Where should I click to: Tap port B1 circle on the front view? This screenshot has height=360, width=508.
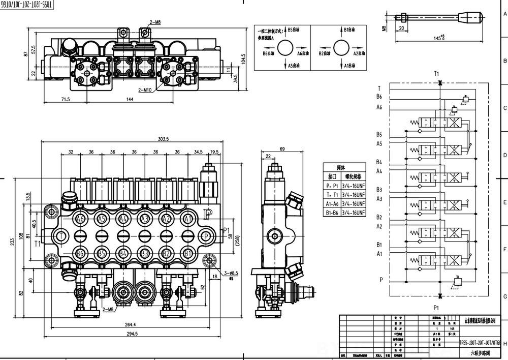(x=188, y=253)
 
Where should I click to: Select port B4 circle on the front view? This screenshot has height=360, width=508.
(x=123, y=253)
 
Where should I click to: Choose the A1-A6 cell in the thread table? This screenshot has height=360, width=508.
(x=333, y=203)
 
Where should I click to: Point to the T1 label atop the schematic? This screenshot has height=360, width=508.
(x=436, y=73)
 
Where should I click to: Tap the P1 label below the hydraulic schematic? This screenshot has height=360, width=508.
(x=436, y=308)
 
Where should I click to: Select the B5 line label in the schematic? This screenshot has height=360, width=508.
(x=379, y=134)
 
